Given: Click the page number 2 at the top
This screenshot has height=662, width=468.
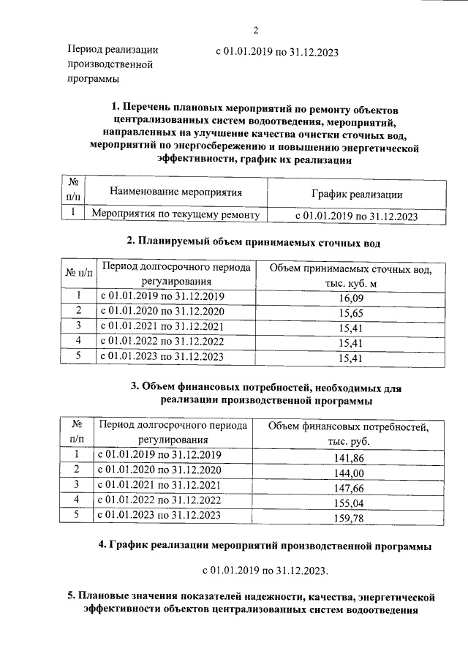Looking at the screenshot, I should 256,30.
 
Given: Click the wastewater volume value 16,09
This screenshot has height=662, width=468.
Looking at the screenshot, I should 350,298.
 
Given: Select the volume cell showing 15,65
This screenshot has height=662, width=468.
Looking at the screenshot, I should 350,313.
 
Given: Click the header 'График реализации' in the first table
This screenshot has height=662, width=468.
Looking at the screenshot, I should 356,194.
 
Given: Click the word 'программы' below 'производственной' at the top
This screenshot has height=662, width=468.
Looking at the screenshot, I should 94,79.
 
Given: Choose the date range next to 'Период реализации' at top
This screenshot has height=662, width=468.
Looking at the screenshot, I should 276,53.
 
